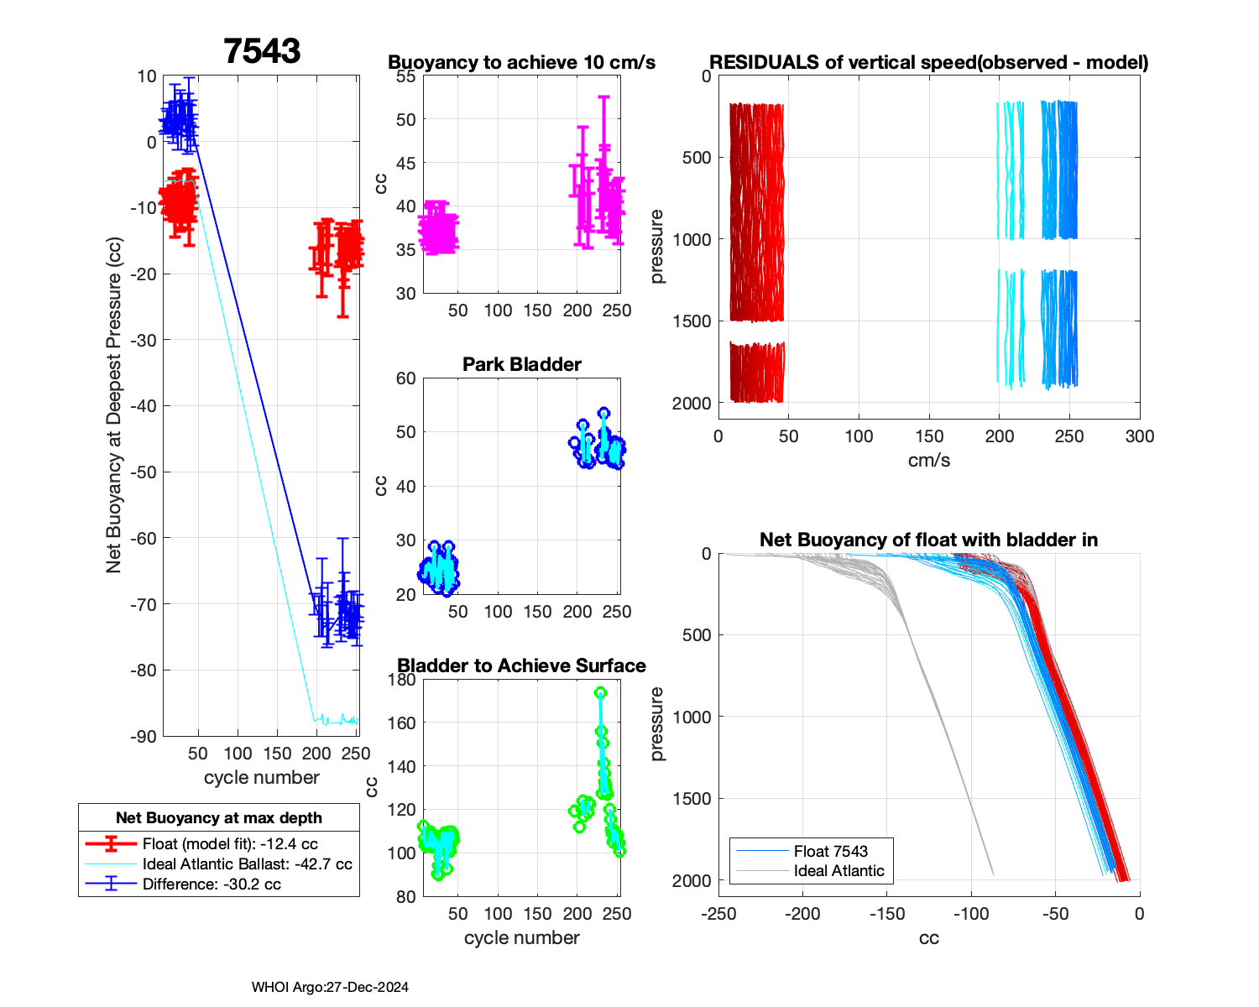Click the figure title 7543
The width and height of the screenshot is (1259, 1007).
[262, 51]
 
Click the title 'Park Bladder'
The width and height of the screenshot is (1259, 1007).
[521, 364]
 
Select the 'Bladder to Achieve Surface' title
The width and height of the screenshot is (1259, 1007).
[521, 665]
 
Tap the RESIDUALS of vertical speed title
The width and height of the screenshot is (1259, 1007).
[928, 62]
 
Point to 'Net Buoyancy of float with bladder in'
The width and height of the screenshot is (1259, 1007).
[928, 540]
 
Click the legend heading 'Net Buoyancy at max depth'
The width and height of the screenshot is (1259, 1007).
[219, 818]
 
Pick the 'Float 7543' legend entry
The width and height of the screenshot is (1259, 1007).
[830, 851]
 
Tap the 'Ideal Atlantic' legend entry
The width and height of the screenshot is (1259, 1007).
[838, 871]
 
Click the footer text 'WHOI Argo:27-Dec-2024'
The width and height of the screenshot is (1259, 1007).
[330, 988]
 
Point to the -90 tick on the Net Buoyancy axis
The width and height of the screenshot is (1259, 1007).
[145, 737]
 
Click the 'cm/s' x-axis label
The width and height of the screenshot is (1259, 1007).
[928, 461]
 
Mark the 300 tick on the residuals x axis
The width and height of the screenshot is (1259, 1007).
[1139, 436]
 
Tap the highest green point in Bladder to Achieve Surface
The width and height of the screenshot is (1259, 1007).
[600, 693]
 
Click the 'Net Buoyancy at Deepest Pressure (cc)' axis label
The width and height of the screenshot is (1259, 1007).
[114, 405]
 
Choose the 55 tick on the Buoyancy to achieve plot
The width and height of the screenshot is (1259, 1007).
[405, 76]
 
